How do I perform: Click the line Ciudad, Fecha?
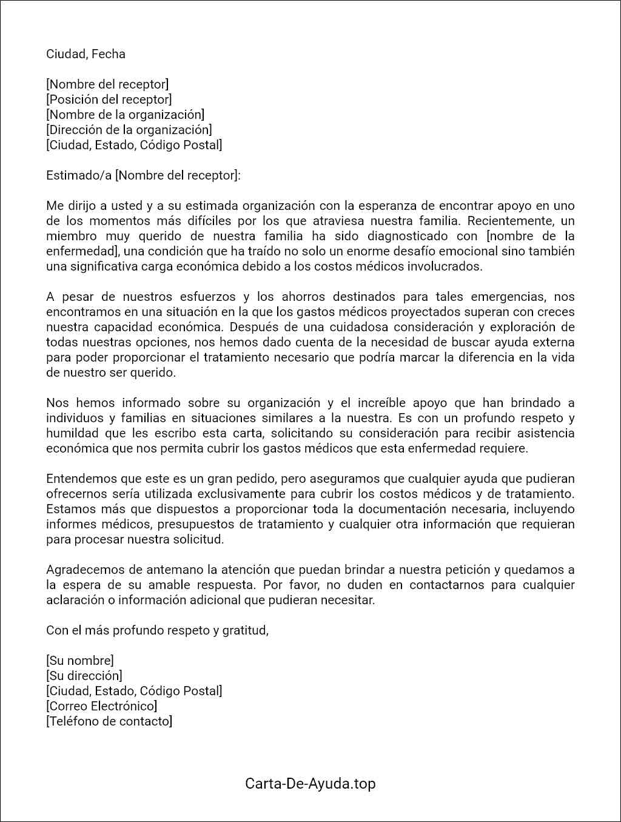tap(86, 54)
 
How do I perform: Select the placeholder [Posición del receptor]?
tap(109, 99)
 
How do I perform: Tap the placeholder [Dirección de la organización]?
tap(129, 130)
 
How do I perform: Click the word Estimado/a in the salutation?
tap(79, 175)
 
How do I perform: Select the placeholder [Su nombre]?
tap(80, 661)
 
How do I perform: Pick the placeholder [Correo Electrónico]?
tap(102, 706)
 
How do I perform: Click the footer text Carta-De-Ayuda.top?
tap(310, 784)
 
